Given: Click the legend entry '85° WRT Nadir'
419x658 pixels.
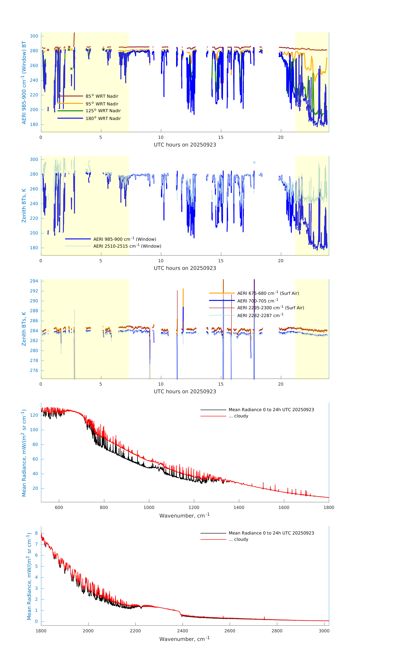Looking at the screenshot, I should point(102,96).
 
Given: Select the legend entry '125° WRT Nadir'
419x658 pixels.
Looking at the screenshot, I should point(103,111).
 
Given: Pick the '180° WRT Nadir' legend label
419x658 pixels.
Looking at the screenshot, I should point(103,118).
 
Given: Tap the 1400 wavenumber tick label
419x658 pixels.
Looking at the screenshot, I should point(239,507).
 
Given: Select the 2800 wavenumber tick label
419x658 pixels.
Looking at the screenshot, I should point(277,631).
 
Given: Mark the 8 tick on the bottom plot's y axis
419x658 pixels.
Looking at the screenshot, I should point(36,533).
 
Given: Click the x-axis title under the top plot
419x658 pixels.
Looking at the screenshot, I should point(185,145).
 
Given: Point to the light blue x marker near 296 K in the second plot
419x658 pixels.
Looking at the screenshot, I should point(254,163).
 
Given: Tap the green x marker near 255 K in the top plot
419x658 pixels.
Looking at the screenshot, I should point(72,69).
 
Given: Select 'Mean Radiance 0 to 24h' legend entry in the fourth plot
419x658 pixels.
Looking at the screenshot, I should point(271,410).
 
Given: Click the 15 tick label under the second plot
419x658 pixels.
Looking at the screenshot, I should point(221,261).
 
